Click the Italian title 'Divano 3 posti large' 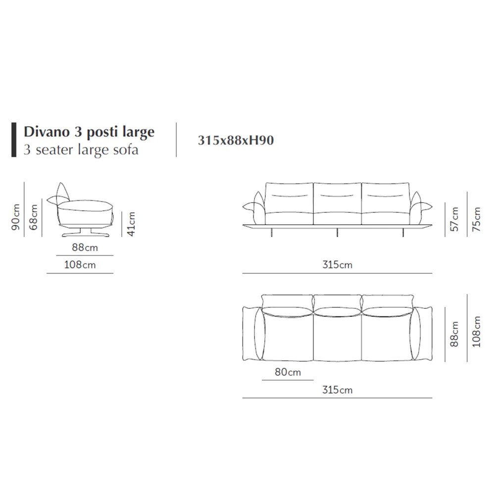pos(89,132)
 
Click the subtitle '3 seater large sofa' pos(81,149)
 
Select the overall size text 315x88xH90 pos(236,140)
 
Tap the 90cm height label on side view pos(16,217)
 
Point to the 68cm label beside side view pos(33,217)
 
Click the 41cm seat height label pos(131,224)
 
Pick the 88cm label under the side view pos(85,247)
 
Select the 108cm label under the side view pos(80,264)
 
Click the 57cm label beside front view pos(454,219)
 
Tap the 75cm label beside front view pos(476,219)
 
